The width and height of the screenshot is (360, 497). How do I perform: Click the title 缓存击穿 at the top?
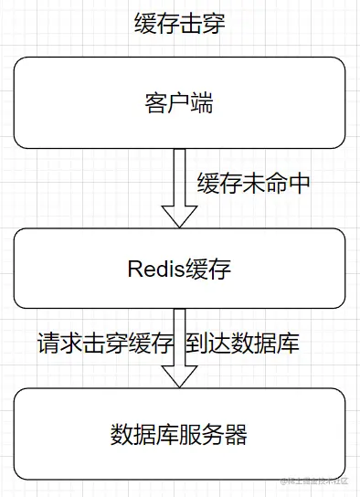[179, 24]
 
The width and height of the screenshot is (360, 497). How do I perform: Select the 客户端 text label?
[179, 102]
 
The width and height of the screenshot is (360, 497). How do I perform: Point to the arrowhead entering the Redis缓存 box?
[179, 217]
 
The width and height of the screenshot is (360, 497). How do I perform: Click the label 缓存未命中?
[253, 183]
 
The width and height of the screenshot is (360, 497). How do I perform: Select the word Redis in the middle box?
[154, 269]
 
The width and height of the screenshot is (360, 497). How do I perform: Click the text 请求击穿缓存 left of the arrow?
[104, 344]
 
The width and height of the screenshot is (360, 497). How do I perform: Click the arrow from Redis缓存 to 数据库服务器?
[179, 347]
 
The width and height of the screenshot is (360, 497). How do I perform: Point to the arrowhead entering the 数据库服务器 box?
[179, 377]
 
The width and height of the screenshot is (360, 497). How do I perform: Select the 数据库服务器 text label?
[179, 433]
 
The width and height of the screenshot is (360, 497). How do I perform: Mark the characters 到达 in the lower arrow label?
[208, 344]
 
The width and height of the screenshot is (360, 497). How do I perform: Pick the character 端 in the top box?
[202, 102]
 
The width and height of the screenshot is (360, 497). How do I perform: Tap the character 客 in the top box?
[156, 102]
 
